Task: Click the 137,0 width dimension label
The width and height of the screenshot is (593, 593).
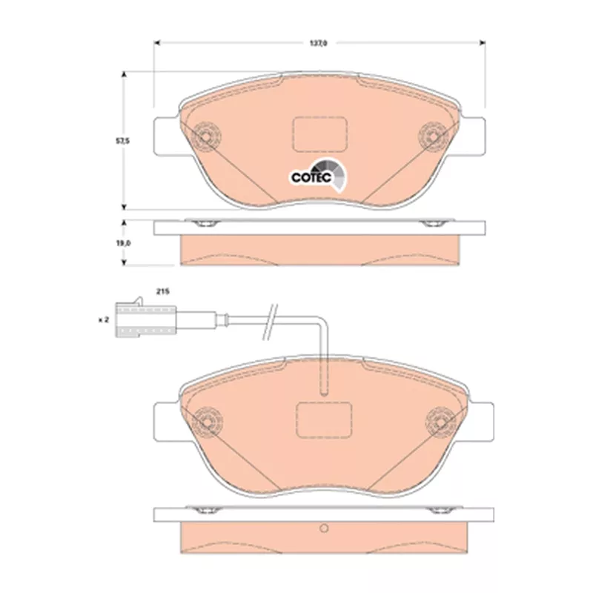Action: click(319, 44)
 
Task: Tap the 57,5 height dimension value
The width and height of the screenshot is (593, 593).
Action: click(122, 141)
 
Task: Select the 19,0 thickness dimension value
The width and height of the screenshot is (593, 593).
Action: click(123, 244)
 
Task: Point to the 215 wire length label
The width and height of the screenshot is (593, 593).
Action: click(163, 291)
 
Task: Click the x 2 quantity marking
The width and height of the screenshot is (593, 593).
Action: click(104, 320)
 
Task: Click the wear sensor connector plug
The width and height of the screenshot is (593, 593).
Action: click(145, 319)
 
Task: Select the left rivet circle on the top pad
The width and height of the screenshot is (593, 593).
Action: click(206, 136)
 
